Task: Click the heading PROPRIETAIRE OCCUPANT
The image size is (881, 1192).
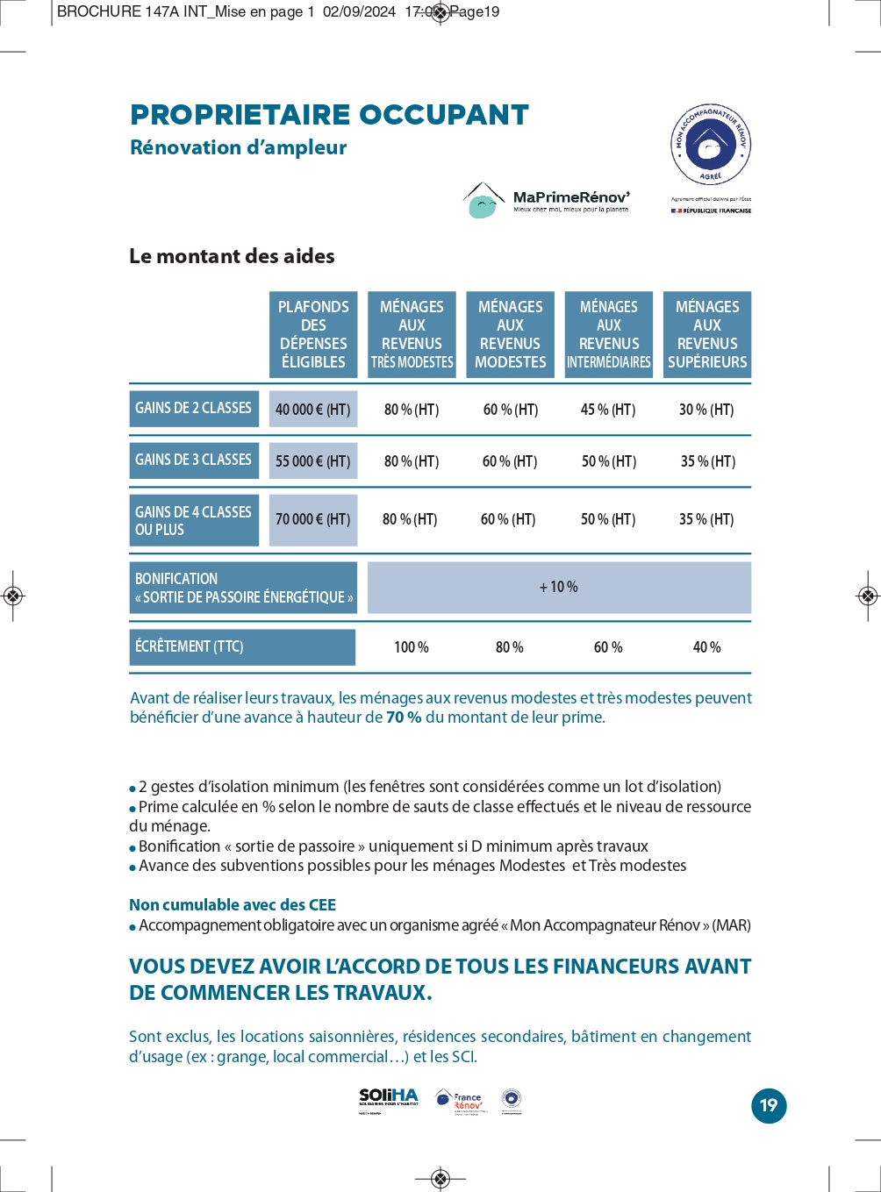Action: tap(329, 115)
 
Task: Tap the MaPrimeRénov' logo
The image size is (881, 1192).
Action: tap(547, 201)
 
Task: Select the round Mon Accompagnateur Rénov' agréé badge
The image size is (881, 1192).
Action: tap(711, 146)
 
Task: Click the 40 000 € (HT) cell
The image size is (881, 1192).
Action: tap(313, 410)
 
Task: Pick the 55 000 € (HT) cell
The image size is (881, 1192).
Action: tap(313, 461)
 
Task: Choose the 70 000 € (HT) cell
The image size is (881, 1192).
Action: tap(313, 519)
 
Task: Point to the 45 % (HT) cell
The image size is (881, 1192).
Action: tap(608, 410)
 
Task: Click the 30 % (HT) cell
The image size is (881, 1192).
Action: tap(706, 410)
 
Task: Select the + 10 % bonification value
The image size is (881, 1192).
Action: tap(559, 587)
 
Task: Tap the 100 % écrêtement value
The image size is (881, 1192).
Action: tap(411, 647)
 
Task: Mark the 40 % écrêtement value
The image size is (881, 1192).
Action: tap(706, 647)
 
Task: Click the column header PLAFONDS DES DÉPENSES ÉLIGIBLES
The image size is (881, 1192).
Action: tap(313, 334)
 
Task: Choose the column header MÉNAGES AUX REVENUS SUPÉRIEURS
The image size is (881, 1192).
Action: tap(707, 334)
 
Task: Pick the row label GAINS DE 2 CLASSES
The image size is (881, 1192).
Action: tap(194, 409)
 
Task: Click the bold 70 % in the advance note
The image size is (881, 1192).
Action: tap(404, 717)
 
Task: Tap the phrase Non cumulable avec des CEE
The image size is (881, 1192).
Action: tap(233, 904)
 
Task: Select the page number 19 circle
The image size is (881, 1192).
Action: tap(769, 1105)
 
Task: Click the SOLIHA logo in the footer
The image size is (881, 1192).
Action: tap(389, 1099)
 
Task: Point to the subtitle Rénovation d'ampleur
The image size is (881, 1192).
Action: tap(238, 147)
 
